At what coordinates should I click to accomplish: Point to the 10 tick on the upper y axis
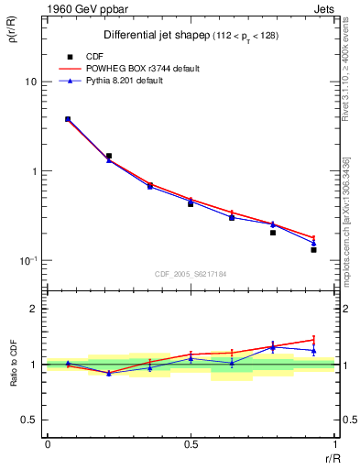point(30,82)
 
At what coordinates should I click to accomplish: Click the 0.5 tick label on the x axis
point(191,444)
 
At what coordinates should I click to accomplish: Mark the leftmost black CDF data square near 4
point(68,119)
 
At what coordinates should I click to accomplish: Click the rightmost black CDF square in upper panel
point(313,249)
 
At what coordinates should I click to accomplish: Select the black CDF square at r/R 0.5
point(191,203)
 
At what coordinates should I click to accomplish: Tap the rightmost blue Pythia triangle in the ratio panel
point(313,350)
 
